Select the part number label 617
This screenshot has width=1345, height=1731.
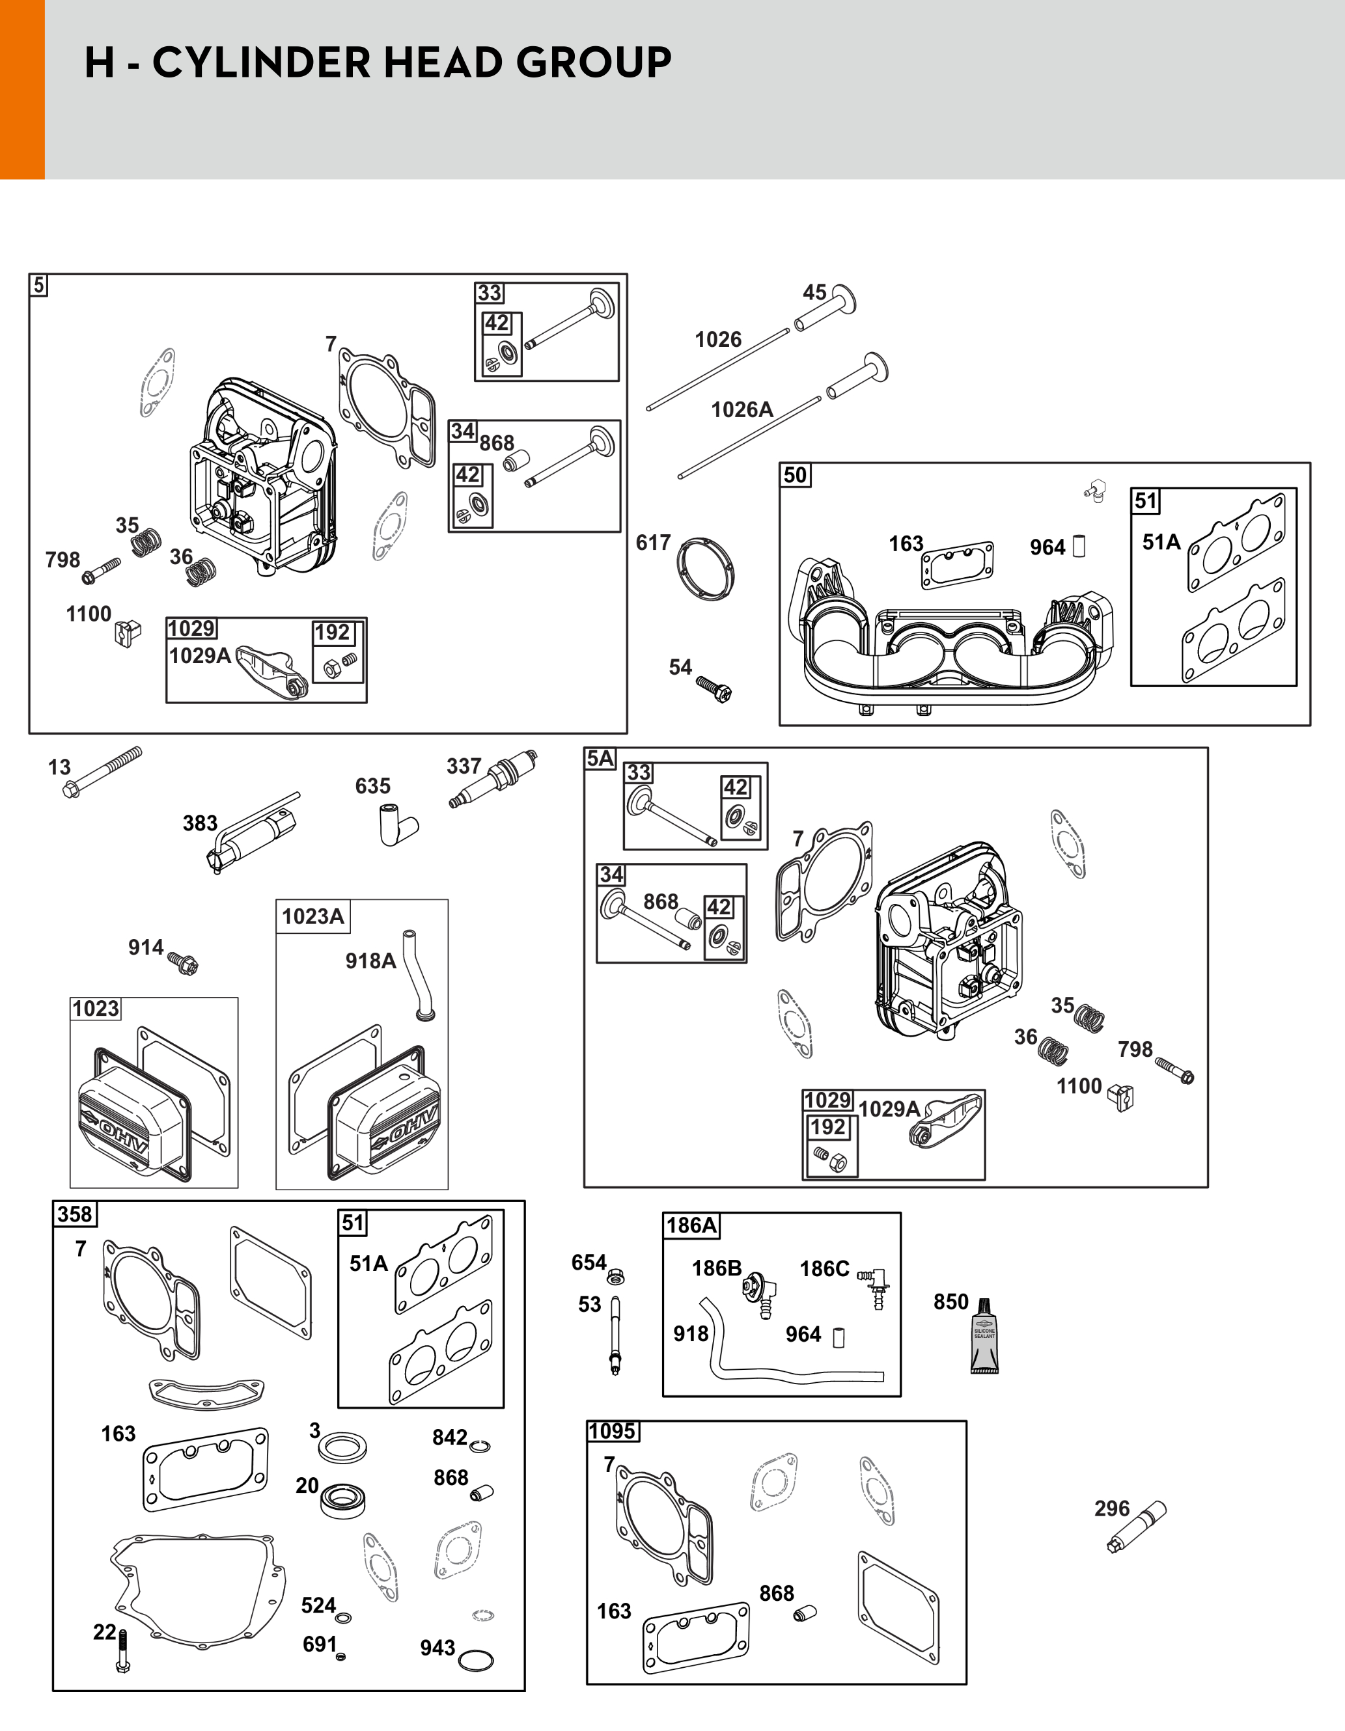tap(653, 543)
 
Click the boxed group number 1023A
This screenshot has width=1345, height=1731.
tap(312, 916)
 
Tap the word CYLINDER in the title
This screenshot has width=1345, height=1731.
tap(294, 62)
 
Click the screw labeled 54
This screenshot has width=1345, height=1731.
tap(714, 687)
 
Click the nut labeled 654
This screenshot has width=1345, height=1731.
tap(615, 1277)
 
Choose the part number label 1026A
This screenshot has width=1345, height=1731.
tap(742, 410)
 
